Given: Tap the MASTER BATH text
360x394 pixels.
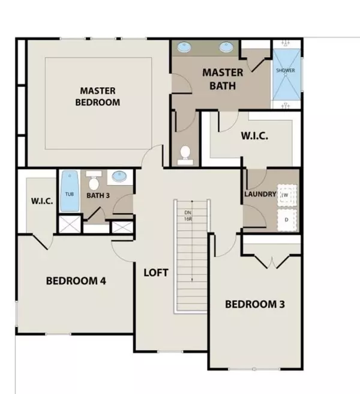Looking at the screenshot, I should (x=222, y=79).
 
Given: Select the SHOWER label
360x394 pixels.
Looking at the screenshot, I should (x=285, y=70).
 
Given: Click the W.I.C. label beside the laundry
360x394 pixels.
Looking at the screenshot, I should (x=254, y=136).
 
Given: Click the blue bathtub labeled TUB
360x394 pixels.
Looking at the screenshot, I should (x=70, y=192).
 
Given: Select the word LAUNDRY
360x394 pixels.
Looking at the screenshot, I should (x=260, y=194).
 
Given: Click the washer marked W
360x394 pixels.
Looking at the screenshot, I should (x=287, y=195).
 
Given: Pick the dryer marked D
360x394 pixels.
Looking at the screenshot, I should (x=287, y=219).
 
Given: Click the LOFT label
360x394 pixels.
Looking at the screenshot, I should (x=155, y=272).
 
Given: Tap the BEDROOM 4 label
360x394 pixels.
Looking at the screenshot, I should (x=76, y=280).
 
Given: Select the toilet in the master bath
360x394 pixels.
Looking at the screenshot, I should (x=185, y=154).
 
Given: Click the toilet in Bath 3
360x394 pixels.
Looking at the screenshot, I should (x=94, y=178).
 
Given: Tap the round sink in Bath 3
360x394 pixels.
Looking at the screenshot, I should (x=120, y=177).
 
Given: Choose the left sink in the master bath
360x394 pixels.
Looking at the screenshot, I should (x=185, y=47).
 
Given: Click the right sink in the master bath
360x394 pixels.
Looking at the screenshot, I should (x=226, y=47).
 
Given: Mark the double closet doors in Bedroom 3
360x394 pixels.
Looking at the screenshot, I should (x=272, y=261).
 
